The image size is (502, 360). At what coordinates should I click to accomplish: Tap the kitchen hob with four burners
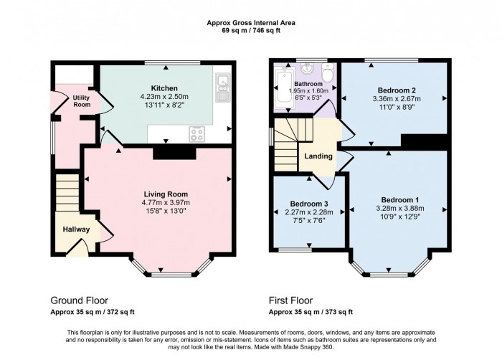(196, 133)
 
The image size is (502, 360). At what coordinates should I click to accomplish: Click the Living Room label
(165, 194)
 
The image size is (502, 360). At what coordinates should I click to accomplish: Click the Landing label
(318, 156)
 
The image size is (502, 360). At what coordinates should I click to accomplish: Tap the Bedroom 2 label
(393, 90)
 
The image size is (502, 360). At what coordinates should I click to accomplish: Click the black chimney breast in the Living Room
(174, 152)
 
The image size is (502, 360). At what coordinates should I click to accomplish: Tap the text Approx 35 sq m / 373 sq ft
(311, 312)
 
